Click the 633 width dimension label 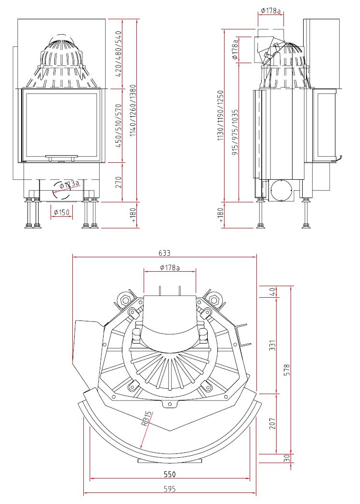pyautogui.click(x=164, y=252)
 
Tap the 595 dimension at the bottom pyautogui.click(x=169, y=489)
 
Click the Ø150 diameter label pyautogui.click(x=62, y=212)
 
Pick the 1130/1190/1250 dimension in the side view pyautogui.click(x=221, y=115)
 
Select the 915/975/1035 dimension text pyautogui.click(x=235, y=132)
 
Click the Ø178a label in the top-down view pyautogui.click(x=169, y=267)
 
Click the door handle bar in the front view pyautogui.click(x=61, y=157)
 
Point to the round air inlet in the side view pyautogui.click(x=281, y=191)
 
